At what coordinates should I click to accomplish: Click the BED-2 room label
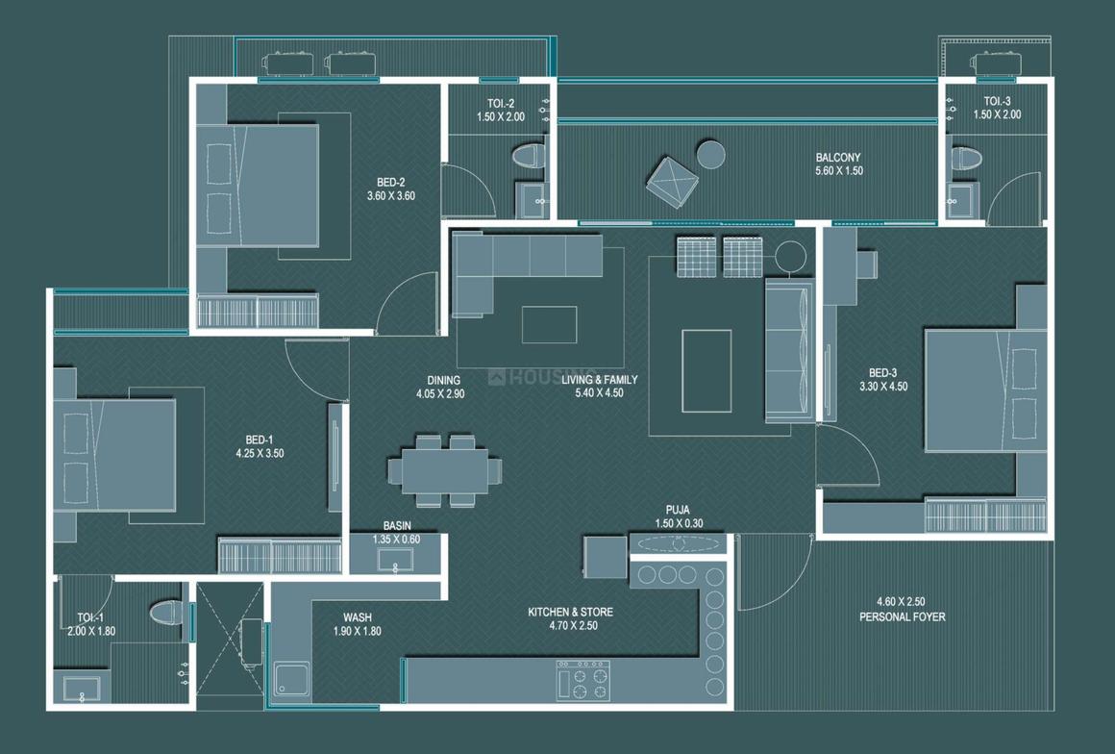391,188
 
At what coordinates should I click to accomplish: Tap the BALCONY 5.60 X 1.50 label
838,164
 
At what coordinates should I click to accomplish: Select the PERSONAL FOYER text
902,610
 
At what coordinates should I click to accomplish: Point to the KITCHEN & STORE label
570,618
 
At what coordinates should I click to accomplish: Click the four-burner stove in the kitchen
582,679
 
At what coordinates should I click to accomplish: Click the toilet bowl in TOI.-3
965,158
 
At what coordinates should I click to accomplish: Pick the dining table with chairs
445,470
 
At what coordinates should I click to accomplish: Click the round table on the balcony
711,154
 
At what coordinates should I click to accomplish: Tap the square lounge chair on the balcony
672,181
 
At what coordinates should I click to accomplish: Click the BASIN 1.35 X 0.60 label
397,533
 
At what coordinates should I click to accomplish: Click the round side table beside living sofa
791,257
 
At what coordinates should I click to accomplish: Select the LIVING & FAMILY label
599,386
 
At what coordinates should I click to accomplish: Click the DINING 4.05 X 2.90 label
440,387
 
